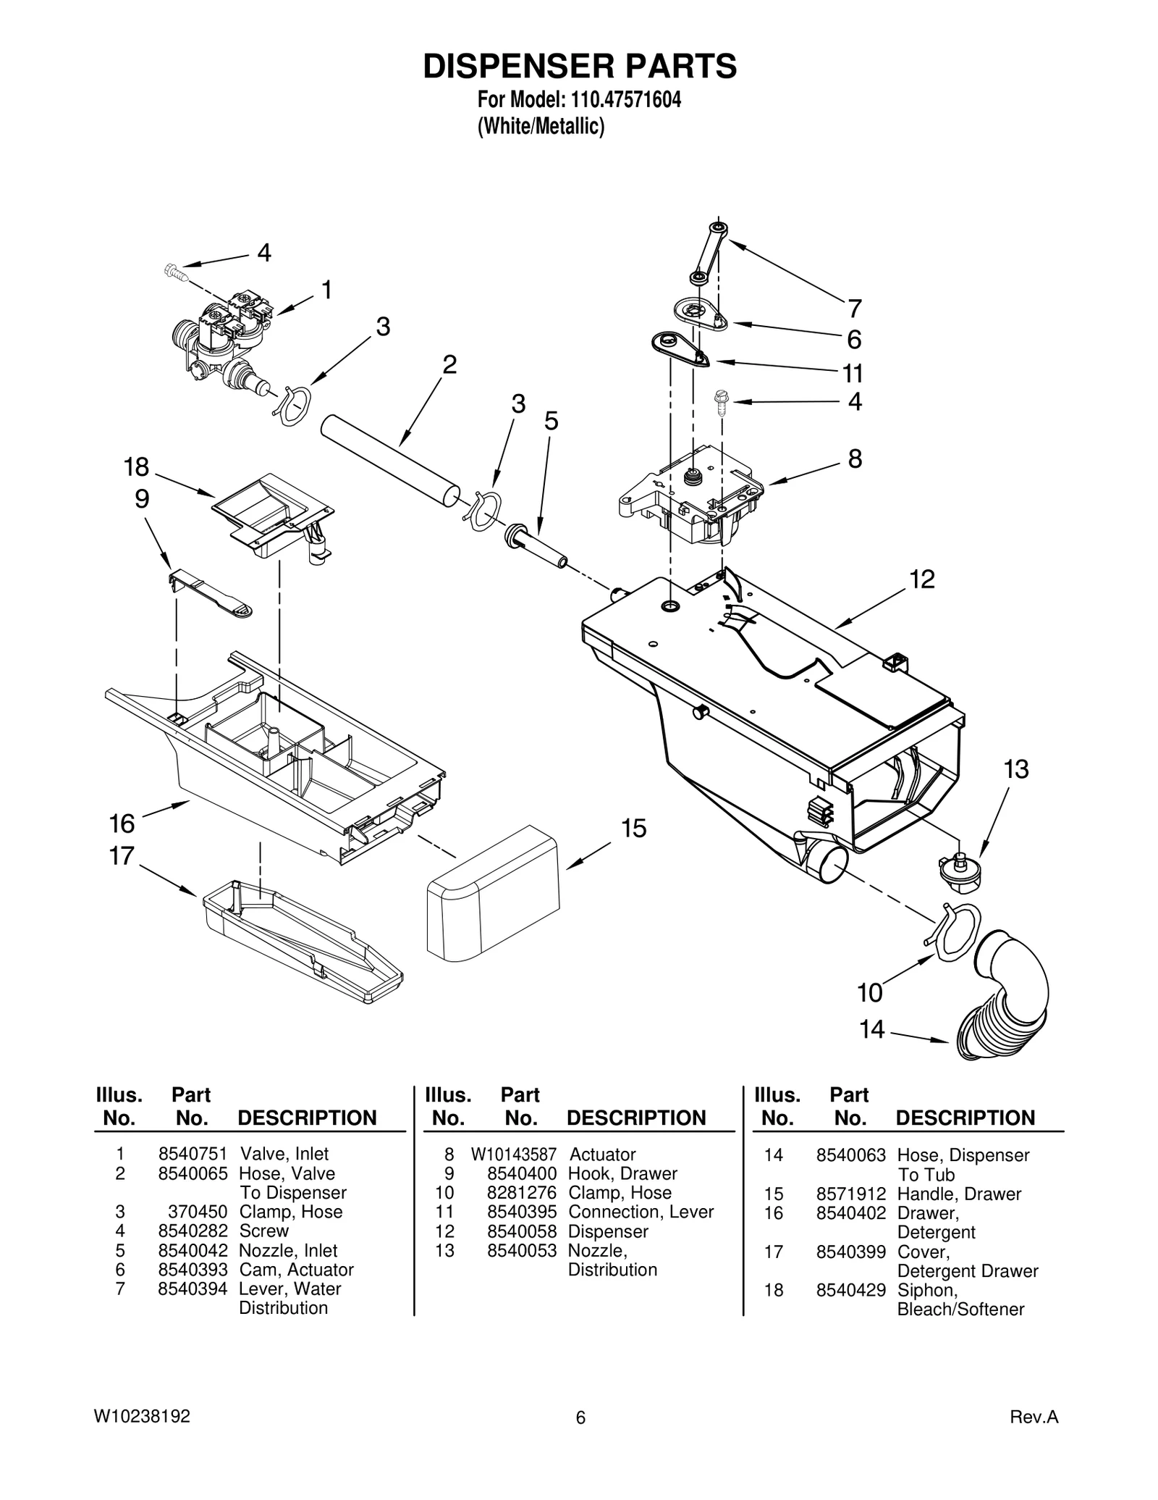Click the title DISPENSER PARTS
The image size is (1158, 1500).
(x=579, y=66)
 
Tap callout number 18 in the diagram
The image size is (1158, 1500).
(x=136, y=467)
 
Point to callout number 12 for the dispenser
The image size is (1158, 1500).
(x=922, y=579)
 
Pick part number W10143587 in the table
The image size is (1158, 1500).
(x=513, y=1154)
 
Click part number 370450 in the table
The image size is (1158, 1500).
(x=198, y=1212)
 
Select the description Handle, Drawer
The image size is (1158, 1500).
(x=958, y=1194)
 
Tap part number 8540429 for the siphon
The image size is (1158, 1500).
(x=850, y=1290)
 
